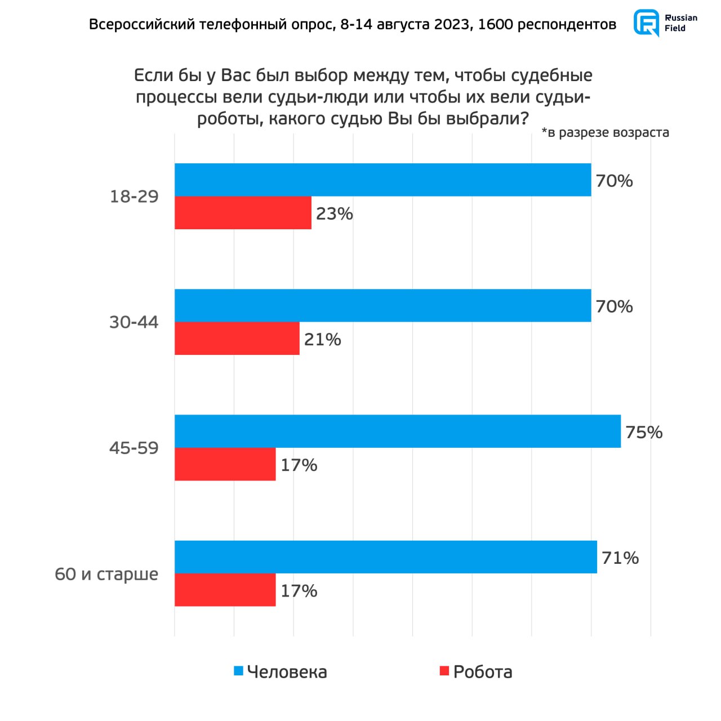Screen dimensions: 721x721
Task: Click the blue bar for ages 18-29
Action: point(383,180)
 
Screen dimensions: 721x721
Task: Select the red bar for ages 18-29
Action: point(243,213)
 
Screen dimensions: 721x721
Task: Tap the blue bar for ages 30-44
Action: point(383,305)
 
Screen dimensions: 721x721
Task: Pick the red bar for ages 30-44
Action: point(237,339)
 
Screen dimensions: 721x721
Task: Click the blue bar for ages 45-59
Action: point(398,431)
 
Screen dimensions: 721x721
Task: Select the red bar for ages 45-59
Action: point(225,464)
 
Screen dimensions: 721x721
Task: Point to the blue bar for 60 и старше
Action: point(386,557)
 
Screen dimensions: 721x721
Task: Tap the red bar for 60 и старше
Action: point(225,590)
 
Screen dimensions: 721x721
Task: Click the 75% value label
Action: point(644,432)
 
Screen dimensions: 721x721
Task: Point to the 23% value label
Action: point(334,213)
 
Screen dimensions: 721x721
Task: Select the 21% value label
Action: point(322,339)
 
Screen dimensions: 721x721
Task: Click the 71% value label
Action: point(620,558)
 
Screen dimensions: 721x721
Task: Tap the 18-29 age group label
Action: point(134,197)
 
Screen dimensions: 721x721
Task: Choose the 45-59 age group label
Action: point(134,448)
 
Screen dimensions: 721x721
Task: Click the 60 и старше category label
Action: point(106,574)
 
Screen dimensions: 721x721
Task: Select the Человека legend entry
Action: point(281,671)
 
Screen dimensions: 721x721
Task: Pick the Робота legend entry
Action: point(476,671)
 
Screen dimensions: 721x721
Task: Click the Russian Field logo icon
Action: point(646,23)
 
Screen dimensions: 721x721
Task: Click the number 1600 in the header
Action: point(495,25)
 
